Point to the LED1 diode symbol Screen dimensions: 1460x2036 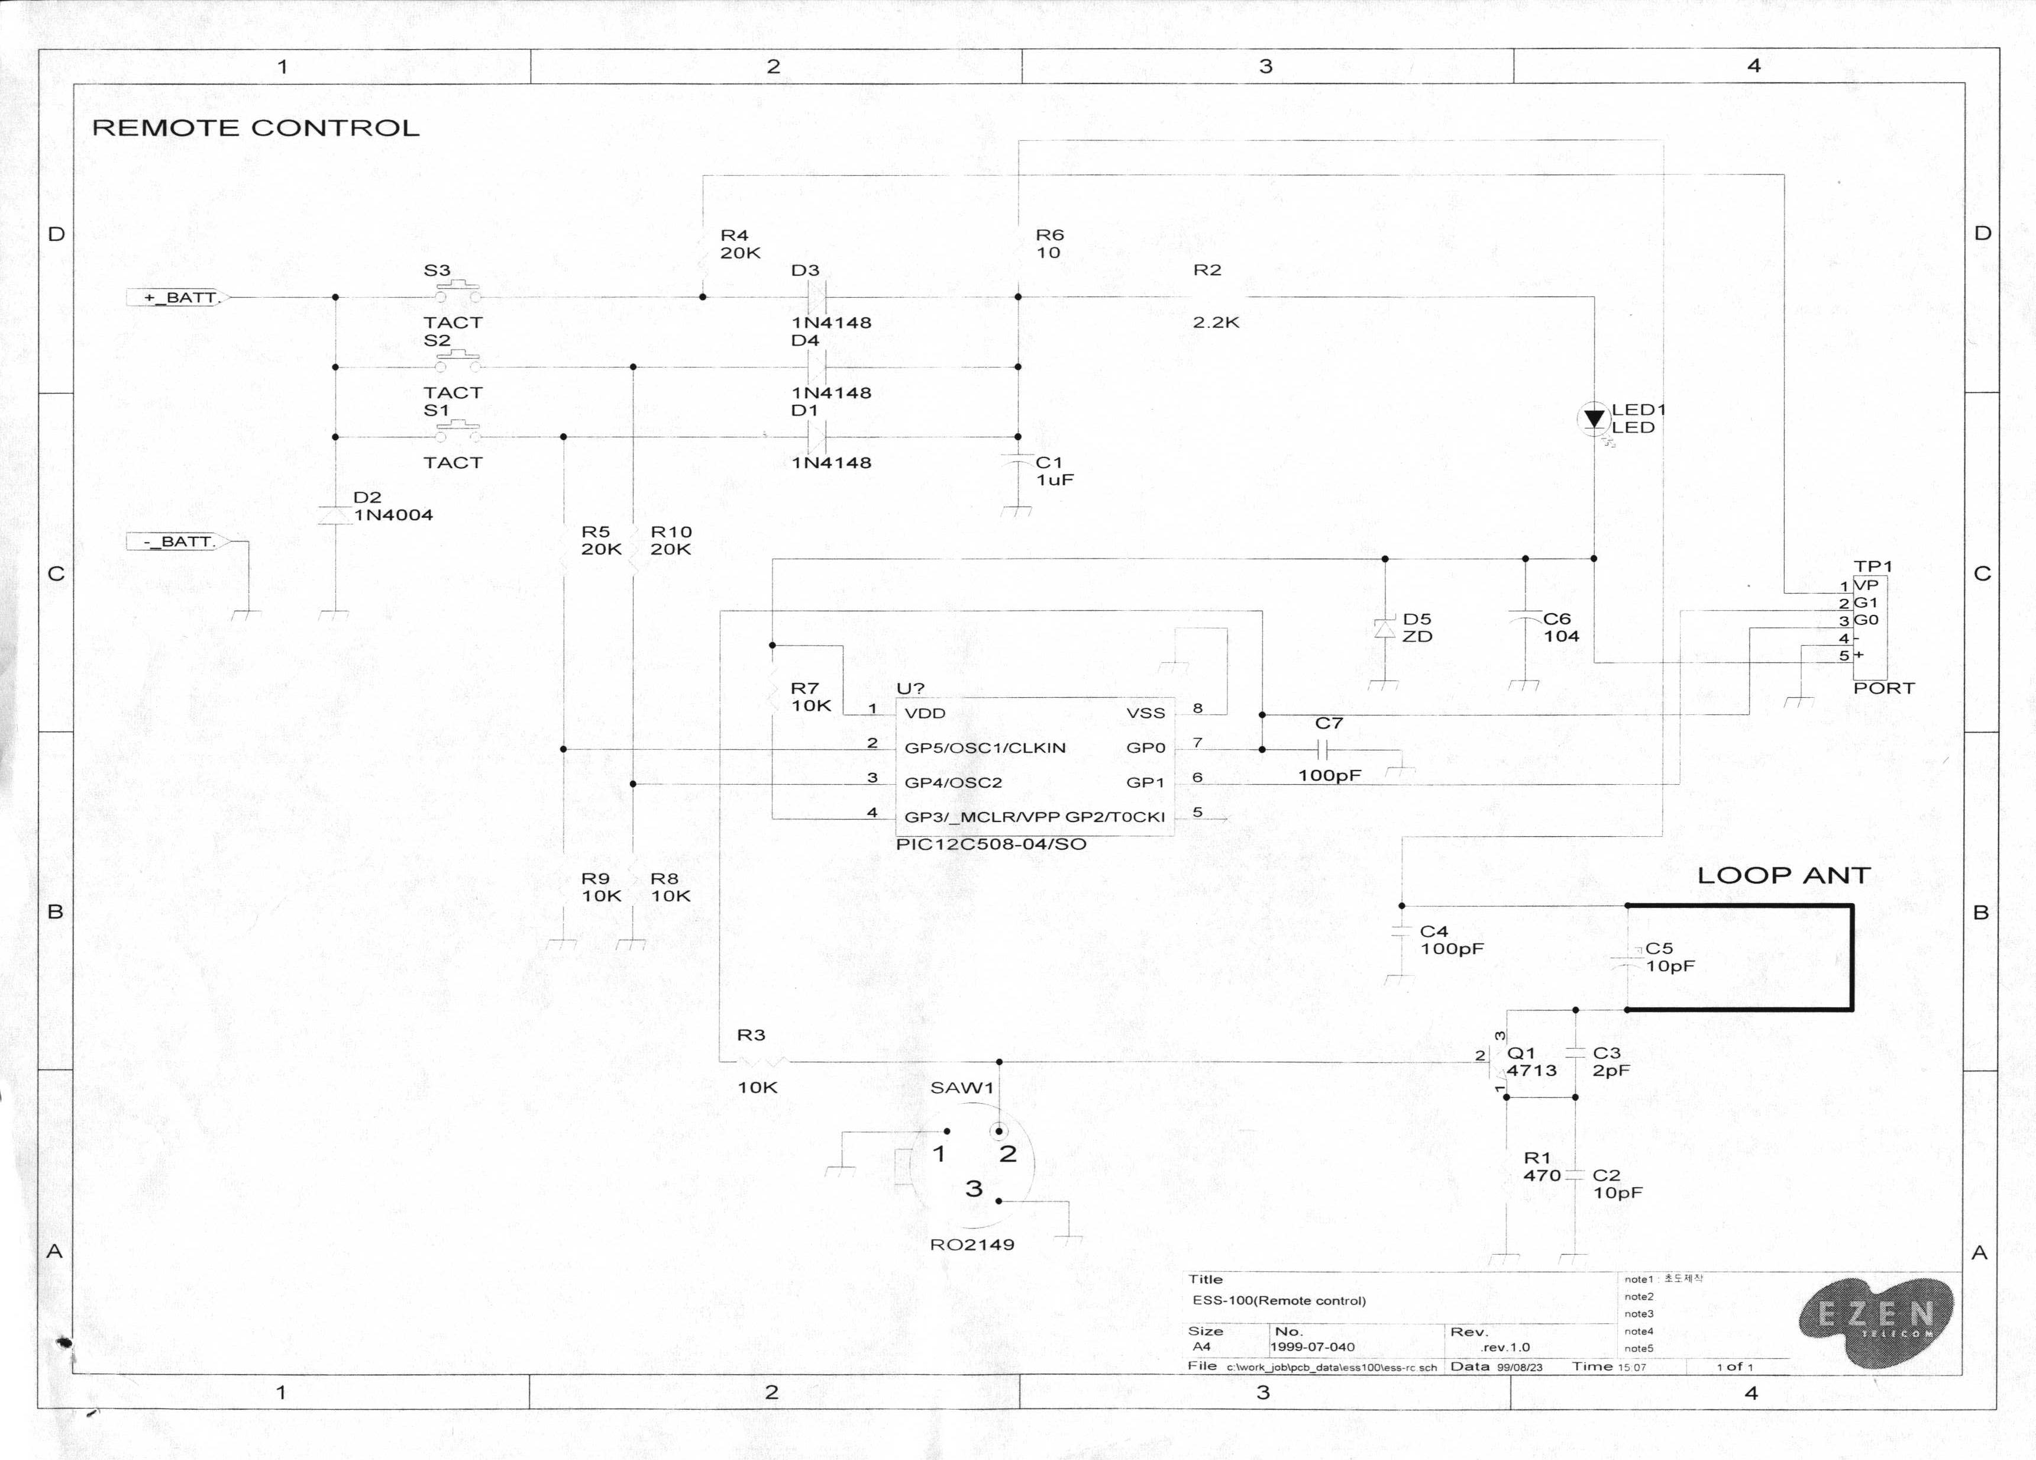(1594, 418)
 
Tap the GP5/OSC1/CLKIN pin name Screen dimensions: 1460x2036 (985, 748)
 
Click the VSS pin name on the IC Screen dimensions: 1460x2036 (1146, 713)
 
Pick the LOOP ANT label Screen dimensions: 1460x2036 (1783, 875)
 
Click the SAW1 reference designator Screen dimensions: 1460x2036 (961, 1087)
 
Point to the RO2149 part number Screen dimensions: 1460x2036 (972, 1245)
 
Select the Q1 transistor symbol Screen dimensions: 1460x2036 (1501, 1063)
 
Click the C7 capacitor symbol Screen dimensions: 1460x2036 (1322, 749)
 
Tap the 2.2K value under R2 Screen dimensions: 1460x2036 (1216, 323)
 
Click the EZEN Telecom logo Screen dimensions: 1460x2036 (1876, 1318)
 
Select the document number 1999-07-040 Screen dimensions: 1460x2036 (1313, 1347)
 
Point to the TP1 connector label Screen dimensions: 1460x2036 (1873, 566)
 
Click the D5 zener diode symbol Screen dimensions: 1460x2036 (1385, 629)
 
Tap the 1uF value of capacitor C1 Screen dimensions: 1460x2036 (1055, 479)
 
